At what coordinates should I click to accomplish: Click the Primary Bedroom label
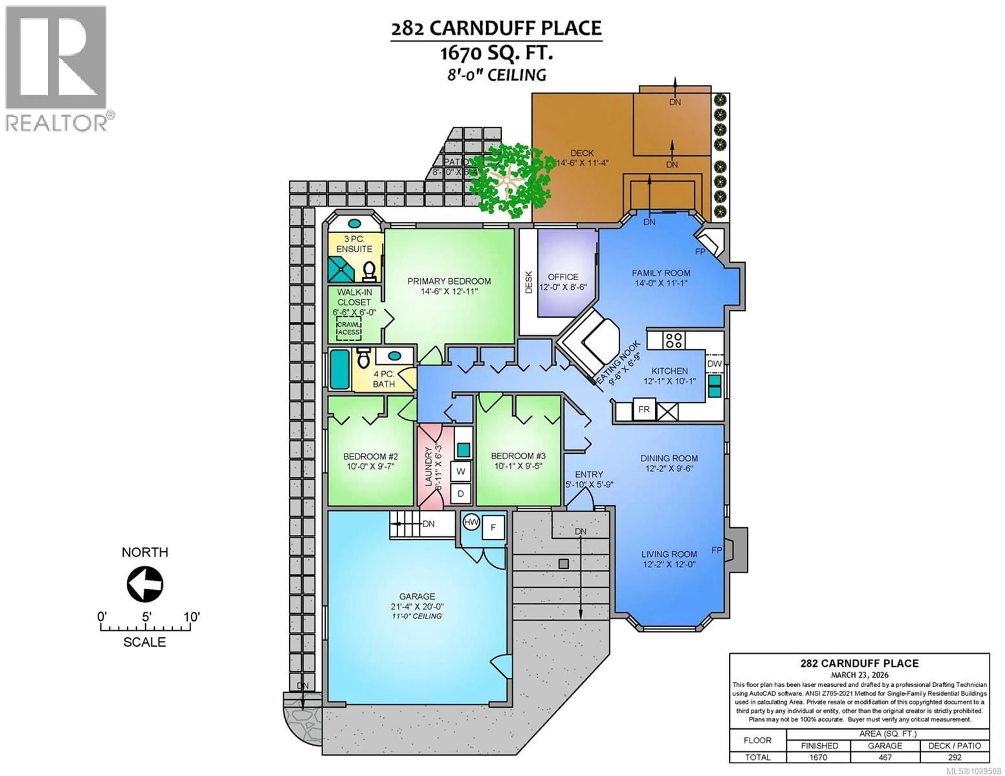449,281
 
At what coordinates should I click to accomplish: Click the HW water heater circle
471,522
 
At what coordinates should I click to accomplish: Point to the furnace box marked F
493,528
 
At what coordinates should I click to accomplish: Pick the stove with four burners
674,340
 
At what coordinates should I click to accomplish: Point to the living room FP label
717,550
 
